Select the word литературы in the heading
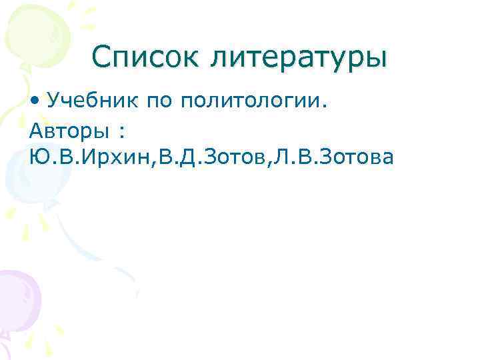pos(299,58)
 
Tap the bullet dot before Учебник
pos(34,101)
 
